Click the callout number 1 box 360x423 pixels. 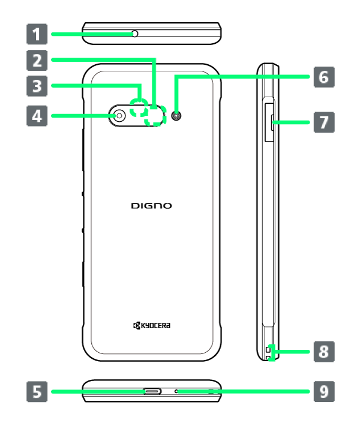[37, 34]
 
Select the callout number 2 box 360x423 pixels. [37, 59]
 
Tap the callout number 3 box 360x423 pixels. [37, 86]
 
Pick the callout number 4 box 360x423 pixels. [37, 115]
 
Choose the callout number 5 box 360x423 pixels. [37, 392]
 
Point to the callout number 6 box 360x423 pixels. [323, 77]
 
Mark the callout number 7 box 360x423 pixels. [323, 122]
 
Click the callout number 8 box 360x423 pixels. [323, 351]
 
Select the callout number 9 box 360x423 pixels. [323, 392]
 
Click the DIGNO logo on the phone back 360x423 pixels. [151, 206]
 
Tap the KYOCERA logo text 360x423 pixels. [152, 325]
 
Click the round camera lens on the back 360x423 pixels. [119, 115]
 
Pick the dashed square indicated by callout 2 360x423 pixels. [155, 116]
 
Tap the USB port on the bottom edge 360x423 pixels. [152, 391]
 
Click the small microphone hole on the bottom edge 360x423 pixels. [177, 391]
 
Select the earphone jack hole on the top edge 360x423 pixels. [135, 34]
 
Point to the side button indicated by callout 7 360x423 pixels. [271, 122]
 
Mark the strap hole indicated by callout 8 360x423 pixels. [269, 353]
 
